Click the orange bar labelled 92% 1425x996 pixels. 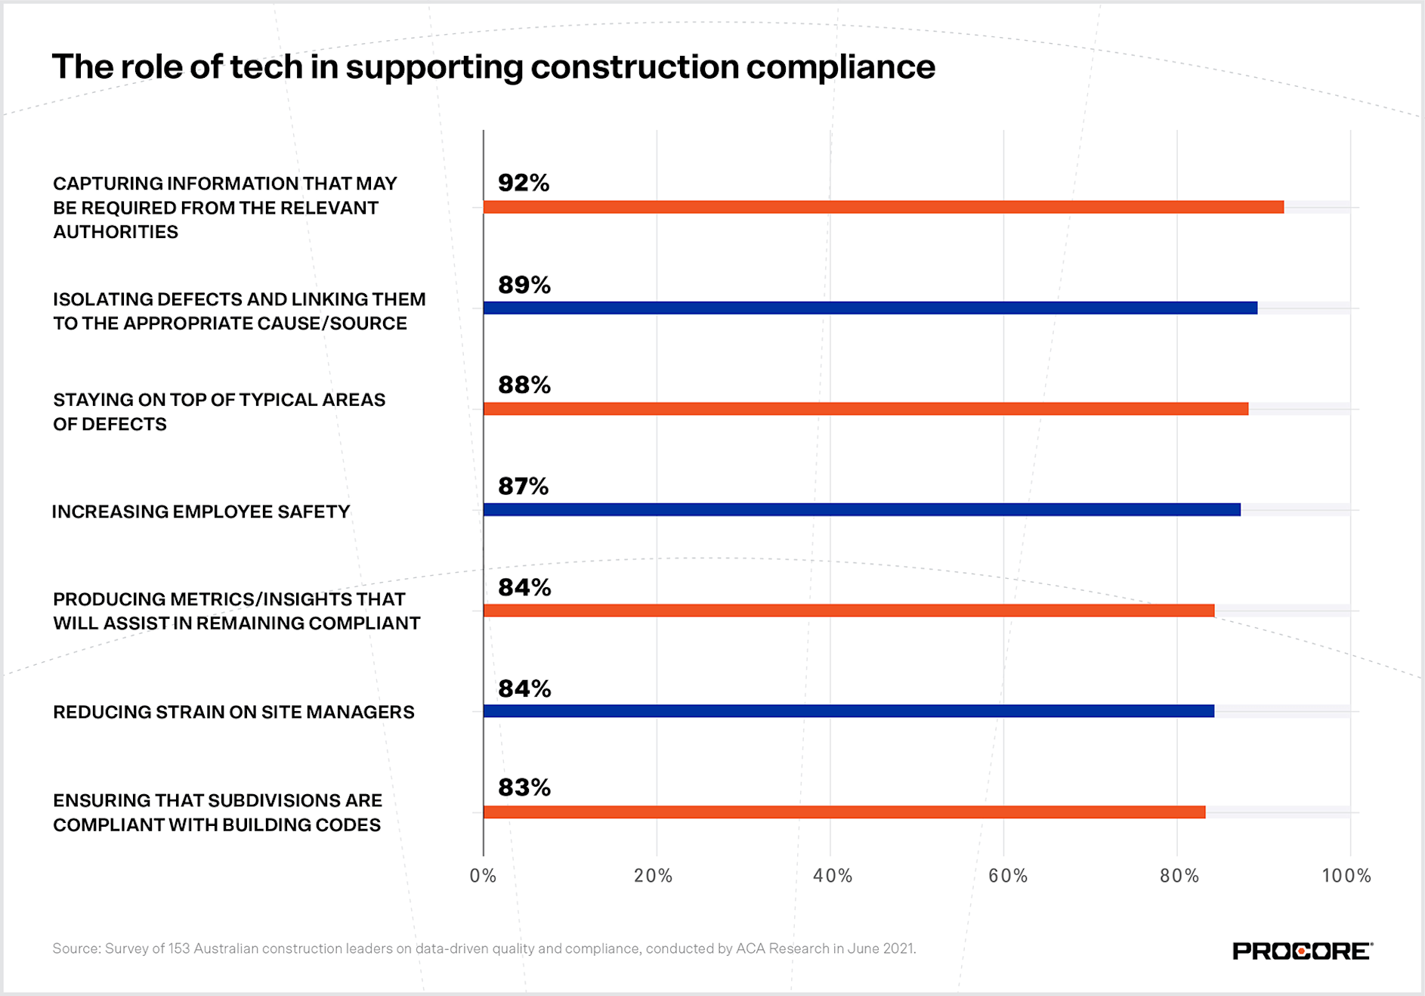pyautogui.click(x=883, y=207)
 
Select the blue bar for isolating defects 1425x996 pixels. pyautogui.click(x=870, y=308)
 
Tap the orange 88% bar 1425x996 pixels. pyautogui.click(x=865, y=409)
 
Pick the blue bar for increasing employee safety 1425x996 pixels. pyautogui.click(x=861, y=509)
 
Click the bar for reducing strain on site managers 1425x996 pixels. pyautogui.click(x=848, y=711)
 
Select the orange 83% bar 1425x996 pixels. pyautogui.click(x=844, y=812)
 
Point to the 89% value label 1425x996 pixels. pyautogui.click(x=524, y=285)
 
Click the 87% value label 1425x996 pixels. pyautogui.click(x=523, y=486)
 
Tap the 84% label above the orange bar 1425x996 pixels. pyautogui.click(x=524, y=587)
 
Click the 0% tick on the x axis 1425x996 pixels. pyautogui.click(x=483, y=876)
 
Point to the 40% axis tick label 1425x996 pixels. pyautogui.click(x=832, y=876)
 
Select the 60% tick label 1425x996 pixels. pyautogui.click(x=1007, y=876)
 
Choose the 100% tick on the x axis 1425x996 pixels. pyautogui.click(x=1346, y=876)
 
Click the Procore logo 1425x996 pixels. pyautogui.click(x=1302, y=951)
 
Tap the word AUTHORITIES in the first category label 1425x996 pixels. pyautogui.click(x=116, y=232)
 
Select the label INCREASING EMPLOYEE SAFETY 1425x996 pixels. pyautogui.click(x=201, y=512)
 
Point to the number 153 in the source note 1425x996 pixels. pyautogui.click(x=179, y=948)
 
